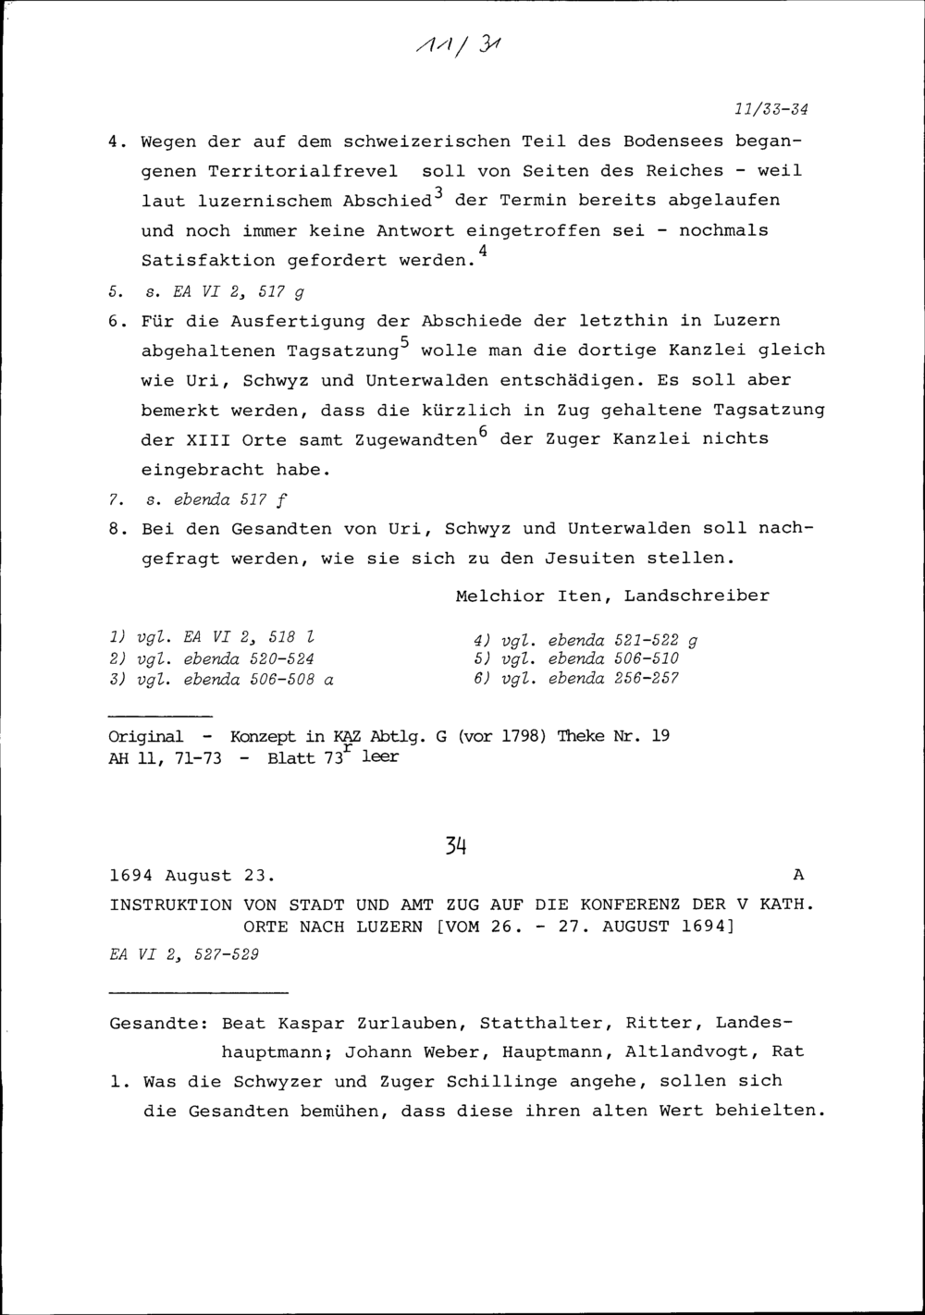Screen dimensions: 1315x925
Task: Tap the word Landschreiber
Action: click(697, 596)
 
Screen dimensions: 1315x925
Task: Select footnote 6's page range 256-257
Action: click(646, 679)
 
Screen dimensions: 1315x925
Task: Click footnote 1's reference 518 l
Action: click(293, 638)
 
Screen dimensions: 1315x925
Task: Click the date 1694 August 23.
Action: click(191, 875)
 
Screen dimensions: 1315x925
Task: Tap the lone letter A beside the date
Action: click(799, 875)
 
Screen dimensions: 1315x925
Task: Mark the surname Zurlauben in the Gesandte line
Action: click(405, 1024)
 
